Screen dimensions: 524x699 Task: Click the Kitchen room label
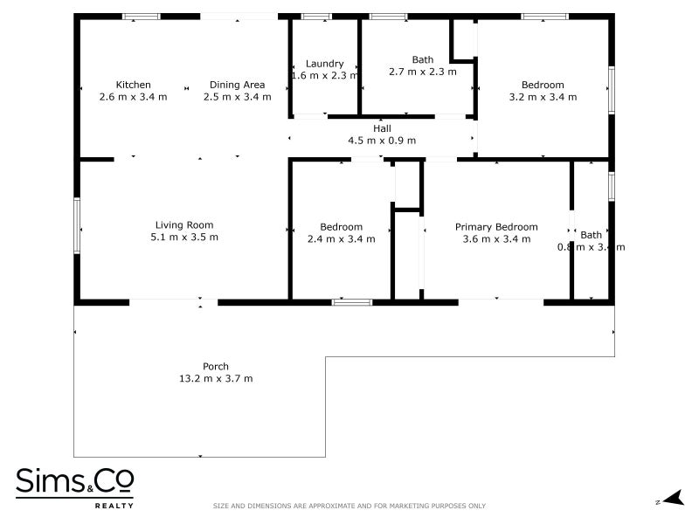pyautogui.click(x=133, y=85)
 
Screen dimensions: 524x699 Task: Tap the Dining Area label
pyautogui.click(x=237, y=85)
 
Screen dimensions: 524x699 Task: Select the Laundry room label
pyautogui.click(x=324, y=64)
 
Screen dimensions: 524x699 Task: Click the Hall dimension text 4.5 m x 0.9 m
pyautogui.click(x=382, y=141)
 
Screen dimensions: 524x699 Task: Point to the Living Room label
pyautogui.click(x=184, y=224)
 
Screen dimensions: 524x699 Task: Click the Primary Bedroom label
pyautogui.click(x=496, y=227)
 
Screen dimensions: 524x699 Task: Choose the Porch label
pyautogui.click(x=216, y=367)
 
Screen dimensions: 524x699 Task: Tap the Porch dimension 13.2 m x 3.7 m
pyautogui.click(x=216, y=379)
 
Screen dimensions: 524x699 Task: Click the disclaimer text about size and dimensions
pyautogui.click(x=349, y=506)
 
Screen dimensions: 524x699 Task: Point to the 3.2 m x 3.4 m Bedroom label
pyautogui.click(x=543, y=85)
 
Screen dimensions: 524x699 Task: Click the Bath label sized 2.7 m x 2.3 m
pyautogui.click(x=423, y=59)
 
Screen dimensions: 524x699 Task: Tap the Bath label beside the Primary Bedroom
pyautogui.click(x=592, y=234)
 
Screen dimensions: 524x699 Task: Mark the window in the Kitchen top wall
pyautogui.click(x=141, y=17)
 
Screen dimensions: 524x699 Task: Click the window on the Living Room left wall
pyautogui.click(x=77, y=225)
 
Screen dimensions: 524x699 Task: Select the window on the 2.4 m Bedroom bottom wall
pyautogui.click(x=351, y=302)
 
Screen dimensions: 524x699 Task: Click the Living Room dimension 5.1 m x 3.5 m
pyautogui.click(x=184, y=237)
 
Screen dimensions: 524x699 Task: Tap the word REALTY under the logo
pyautogui.click(x=114, y=506)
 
